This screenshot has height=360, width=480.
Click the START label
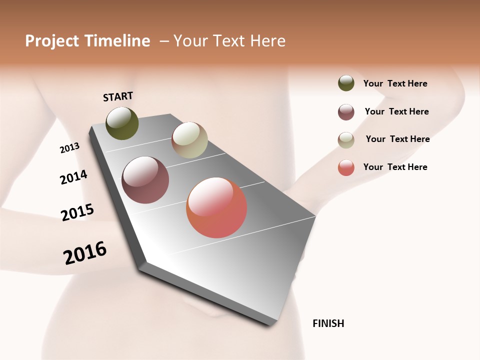click(118, 96)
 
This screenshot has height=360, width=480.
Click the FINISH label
click(328, 323)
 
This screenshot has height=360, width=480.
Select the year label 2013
click(69, 148)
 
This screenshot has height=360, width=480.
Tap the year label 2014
click(73, 177)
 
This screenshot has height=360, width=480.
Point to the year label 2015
click(77, 212)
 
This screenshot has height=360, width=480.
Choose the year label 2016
click(85, 253)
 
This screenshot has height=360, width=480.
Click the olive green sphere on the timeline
click(122, 123)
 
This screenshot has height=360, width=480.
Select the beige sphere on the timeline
click(189, 140)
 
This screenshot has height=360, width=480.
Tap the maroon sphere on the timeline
click(145, 180)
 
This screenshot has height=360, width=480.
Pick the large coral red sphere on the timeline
click(216, 207)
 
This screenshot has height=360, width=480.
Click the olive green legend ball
click(346, 83)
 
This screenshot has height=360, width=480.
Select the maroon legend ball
click(346, 112)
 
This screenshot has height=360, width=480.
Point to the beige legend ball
click(346, 140)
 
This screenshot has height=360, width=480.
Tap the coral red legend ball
click(346, 167)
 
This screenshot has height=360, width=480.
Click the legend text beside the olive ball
click(395, 84)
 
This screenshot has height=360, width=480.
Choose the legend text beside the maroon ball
click(396, 111)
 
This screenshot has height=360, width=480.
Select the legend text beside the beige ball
click(397, 139)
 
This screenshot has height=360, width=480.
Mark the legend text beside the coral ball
click(395, 167)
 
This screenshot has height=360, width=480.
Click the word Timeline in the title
click(117, 41)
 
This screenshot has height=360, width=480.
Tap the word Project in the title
click(51, 41)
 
